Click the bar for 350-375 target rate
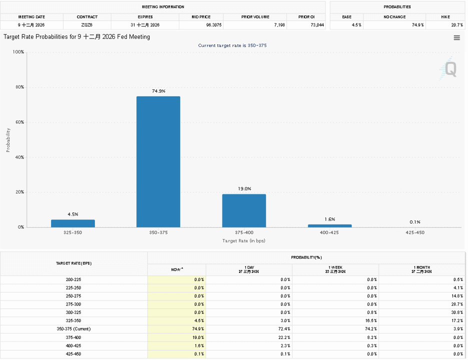[x=158, y=161]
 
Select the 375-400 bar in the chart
[x=244, y=210]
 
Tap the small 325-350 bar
[x=73, y=223]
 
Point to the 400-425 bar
[x=330, y=226]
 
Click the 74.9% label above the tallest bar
[x=158, y=91]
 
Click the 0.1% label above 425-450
[x=415, y=222]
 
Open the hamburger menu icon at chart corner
[x=456, y=37]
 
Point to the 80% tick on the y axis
[x=19, y=87]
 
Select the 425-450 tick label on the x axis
[x=415, y=232]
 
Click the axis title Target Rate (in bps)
[x=244, y=240]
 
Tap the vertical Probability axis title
[x=8, y=140]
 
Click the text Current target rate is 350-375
[x=232, y=45]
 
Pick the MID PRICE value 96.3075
[x=214, y=25]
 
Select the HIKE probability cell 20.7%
[x=457, y=25]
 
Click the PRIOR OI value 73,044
[x=317, y=25]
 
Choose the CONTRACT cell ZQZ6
[x=87, y=25]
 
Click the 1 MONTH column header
[x=421, y=269]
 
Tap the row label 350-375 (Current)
[x=73, y=329]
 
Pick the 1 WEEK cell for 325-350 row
[x=371, y=321]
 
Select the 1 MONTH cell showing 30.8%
[x=457, y=312]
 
